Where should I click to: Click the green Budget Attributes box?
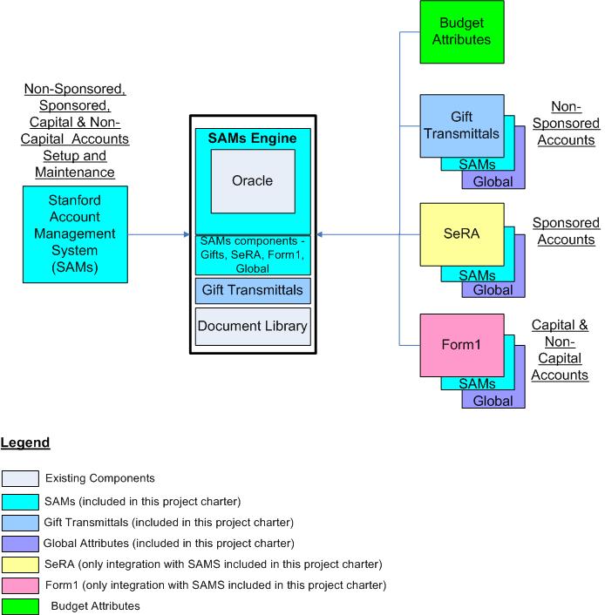tap(461, 31)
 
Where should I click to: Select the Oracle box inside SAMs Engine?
tap(252, 180)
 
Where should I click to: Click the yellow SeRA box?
tap(461, 233)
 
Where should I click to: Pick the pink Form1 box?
tap(461, 343)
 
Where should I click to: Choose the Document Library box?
tap(253, 327)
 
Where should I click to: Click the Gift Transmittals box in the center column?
tap(253, 289)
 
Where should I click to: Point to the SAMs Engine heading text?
tap(252, 138)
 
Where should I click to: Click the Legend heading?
tap(25, 443)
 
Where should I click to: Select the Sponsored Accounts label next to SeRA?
tap(566, 232)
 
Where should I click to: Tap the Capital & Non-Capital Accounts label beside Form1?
tap(560, 350)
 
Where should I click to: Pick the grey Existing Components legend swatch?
tap(20, 477)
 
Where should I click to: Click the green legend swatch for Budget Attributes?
tap(20, 605)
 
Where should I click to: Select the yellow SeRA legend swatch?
tap(20, 564)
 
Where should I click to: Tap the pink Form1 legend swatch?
tap(20, 585)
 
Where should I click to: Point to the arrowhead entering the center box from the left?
tap(187, 234)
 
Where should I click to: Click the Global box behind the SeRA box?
tap(493, 290)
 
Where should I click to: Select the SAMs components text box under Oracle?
tap(252, 254)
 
